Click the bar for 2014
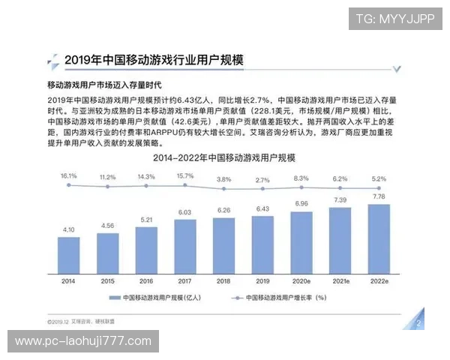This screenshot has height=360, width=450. click(69, 250)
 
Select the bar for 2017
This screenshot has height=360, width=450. click(185, 243)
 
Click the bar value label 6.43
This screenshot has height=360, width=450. click(262, 208)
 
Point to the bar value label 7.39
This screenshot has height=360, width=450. click(340, 200)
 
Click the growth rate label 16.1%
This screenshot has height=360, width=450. click(69, 175)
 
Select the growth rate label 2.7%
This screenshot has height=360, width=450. click(262, 180)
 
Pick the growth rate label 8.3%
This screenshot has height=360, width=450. click(301, 178)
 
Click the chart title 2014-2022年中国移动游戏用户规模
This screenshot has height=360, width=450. click(224, 158)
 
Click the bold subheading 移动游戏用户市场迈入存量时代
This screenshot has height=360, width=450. click(104, 85)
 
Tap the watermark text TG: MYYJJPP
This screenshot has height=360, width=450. click(394, 19)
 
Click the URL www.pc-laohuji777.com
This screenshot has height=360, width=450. click(83, 341)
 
